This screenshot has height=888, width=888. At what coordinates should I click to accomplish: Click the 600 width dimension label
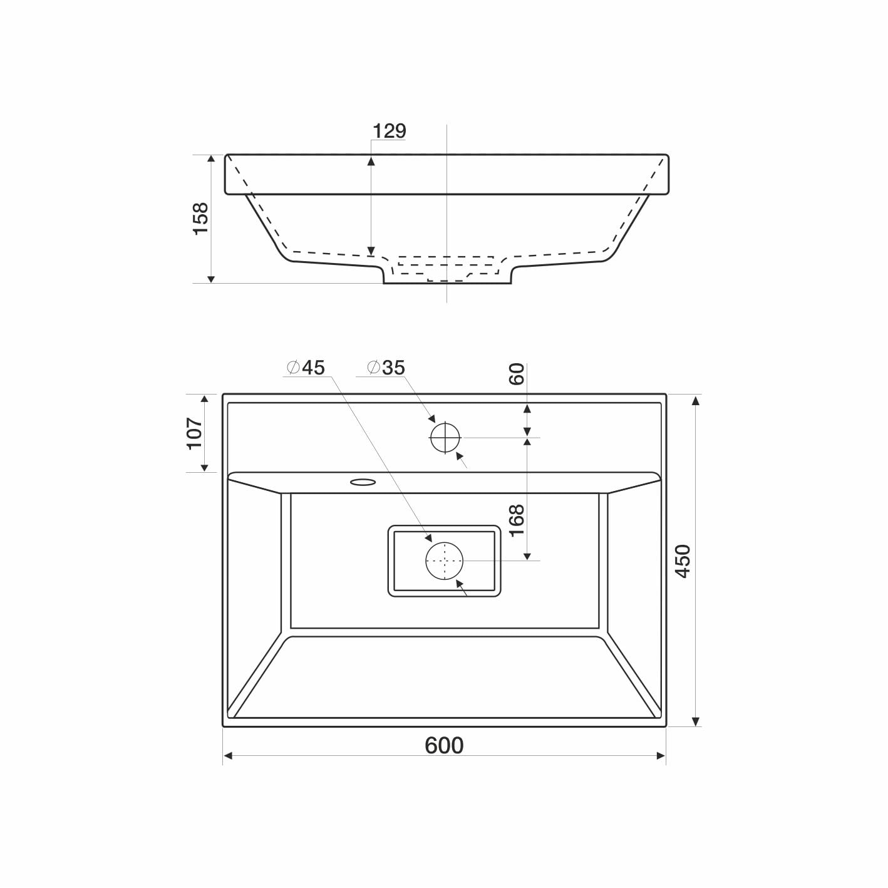(x=444, y=745)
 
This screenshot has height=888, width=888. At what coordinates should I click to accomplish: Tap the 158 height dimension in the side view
(x=201, y=219)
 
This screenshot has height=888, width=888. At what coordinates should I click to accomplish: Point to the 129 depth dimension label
(x=389, y=131)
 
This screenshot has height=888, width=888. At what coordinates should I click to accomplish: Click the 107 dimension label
(x=195, y=433)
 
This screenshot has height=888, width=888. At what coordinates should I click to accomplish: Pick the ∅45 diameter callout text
(x=306, y=368)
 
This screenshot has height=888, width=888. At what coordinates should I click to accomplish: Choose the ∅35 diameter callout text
(x=386, y=368)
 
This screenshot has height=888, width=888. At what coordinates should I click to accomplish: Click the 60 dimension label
(x=517, y=374)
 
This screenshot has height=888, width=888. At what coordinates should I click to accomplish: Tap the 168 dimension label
(x=517, y=521)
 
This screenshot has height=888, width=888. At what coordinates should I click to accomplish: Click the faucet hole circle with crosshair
(x=445, y=437)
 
